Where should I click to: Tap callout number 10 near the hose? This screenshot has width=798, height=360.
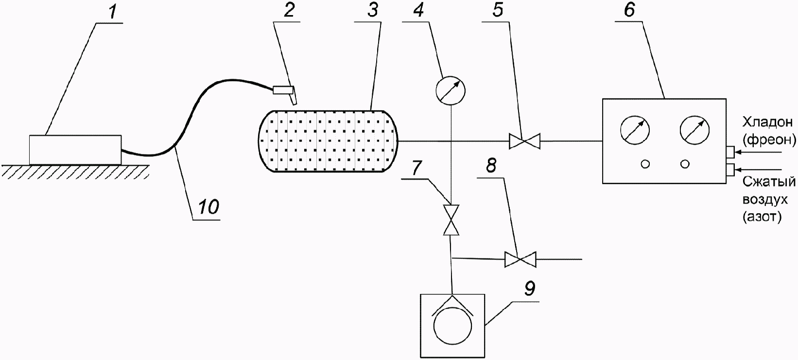click(x=207, y=208)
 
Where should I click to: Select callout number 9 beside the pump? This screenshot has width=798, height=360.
click(x=529, y=289)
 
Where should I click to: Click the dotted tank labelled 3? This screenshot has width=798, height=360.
click(x=328, y=141)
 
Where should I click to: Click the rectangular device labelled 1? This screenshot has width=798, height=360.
click(x=75, y=150)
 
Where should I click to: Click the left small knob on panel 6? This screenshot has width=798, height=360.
click(x=645, y=164)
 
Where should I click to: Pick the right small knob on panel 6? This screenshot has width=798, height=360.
click(x=685, y=164)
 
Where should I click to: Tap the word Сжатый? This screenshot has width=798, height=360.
click(x=769, y=182)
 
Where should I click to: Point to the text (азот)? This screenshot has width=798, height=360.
click(x=762, y=218)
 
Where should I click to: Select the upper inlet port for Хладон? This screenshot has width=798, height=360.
click(x=731, y=152)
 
